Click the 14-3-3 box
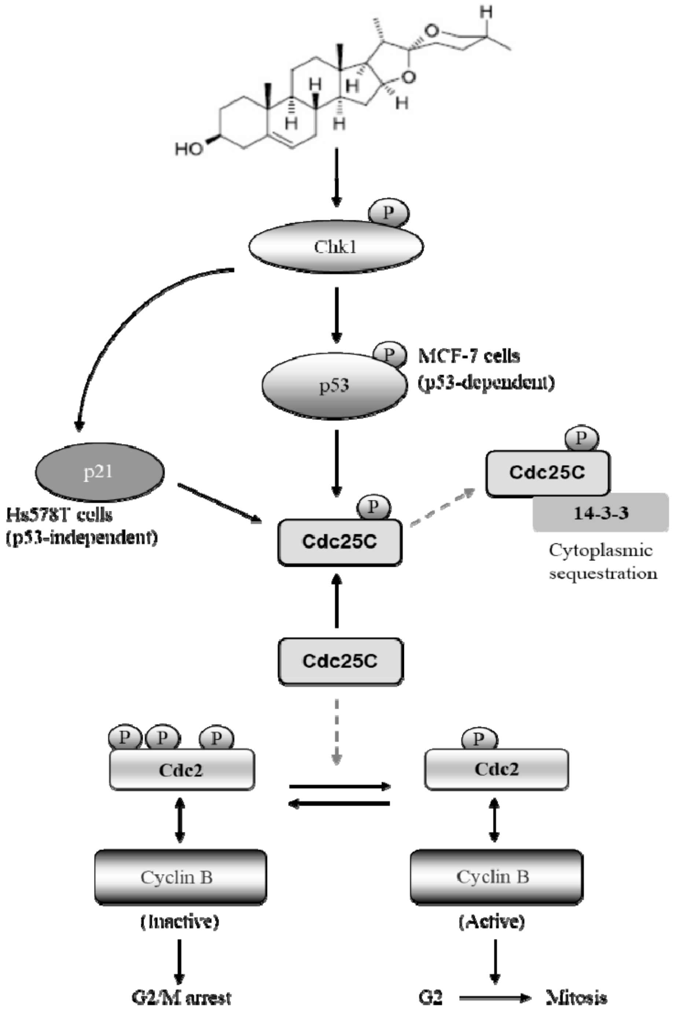pos(600,513)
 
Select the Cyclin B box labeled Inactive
pos(180,877)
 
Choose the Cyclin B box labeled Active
pos(496,877)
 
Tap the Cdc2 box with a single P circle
pos(496,769)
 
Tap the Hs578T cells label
pos(59,515)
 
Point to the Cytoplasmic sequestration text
pos(602,562)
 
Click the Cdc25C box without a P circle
pos(341,661)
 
